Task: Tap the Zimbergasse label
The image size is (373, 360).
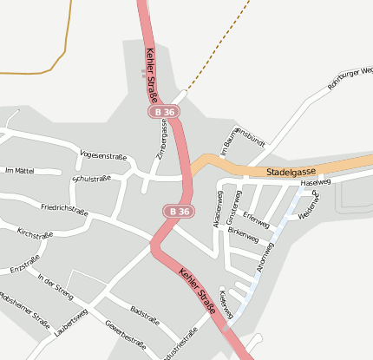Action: (162, 138)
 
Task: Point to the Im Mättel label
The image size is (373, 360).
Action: (19, 171)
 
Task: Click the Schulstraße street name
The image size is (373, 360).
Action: (91, 179)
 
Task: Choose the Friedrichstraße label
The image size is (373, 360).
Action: (64, 209)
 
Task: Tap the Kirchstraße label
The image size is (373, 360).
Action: (36, 234)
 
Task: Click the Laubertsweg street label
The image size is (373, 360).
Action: (70, 321)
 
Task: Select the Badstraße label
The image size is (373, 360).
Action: (145, 311)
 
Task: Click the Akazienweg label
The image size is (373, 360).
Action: (218, 209)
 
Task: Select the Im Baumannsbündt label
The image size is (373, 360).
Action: (241, 139)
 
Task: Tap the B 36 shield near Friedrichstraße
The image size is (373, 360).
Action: (180, 211)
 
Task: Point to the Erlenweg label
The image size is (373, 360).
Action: (257, 219)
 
